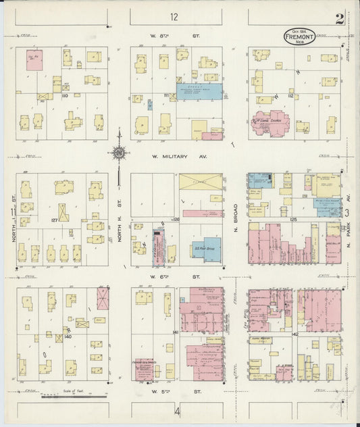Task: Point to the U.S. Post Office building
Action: (205, 249)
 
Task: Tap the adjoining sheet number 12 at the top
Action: (174, 17)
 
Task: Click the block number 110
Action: (66, 96)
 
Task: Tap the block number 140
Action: (68, 336)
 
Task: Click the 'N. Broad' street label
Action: (236, 216)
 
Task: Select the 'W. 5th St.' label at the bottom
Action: (177, 391)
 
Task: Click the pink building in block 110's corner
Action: (34, 59)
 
